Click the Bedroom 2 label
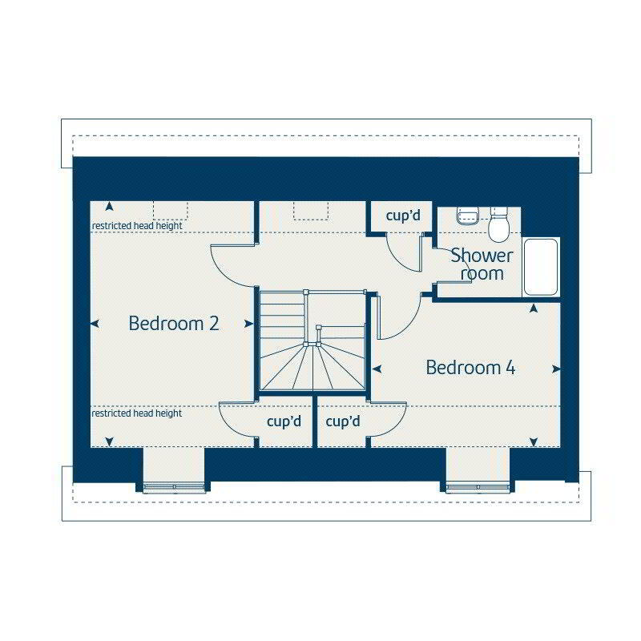coord(174,324)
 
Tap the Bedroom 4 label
coord(470,368)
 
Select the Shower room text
coord(482,264)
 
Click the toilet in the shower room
coord(498,225)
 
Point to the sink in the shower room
coord(468,216)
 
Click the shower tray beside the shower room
coord(541,267)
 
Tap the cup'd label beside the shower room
coord(403,216)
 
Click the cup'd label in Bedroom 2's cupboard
coord(284,421)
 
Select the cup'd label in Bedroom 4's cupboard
coord(343,421)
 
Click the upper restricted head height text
coord(137,226)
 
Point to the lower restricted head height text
coord(136,413)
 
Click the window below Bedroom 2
coord(174,486)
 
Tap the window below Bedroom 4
coord(477,486)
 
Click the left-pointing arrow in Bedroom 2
coord(95,324)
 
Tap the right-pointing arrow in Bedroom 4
coord(556,369)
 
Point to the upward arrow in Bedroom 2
coord(109,207)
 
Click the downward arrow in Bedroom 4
coord(533,442)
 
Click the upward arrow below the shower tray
coord(533,308)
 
